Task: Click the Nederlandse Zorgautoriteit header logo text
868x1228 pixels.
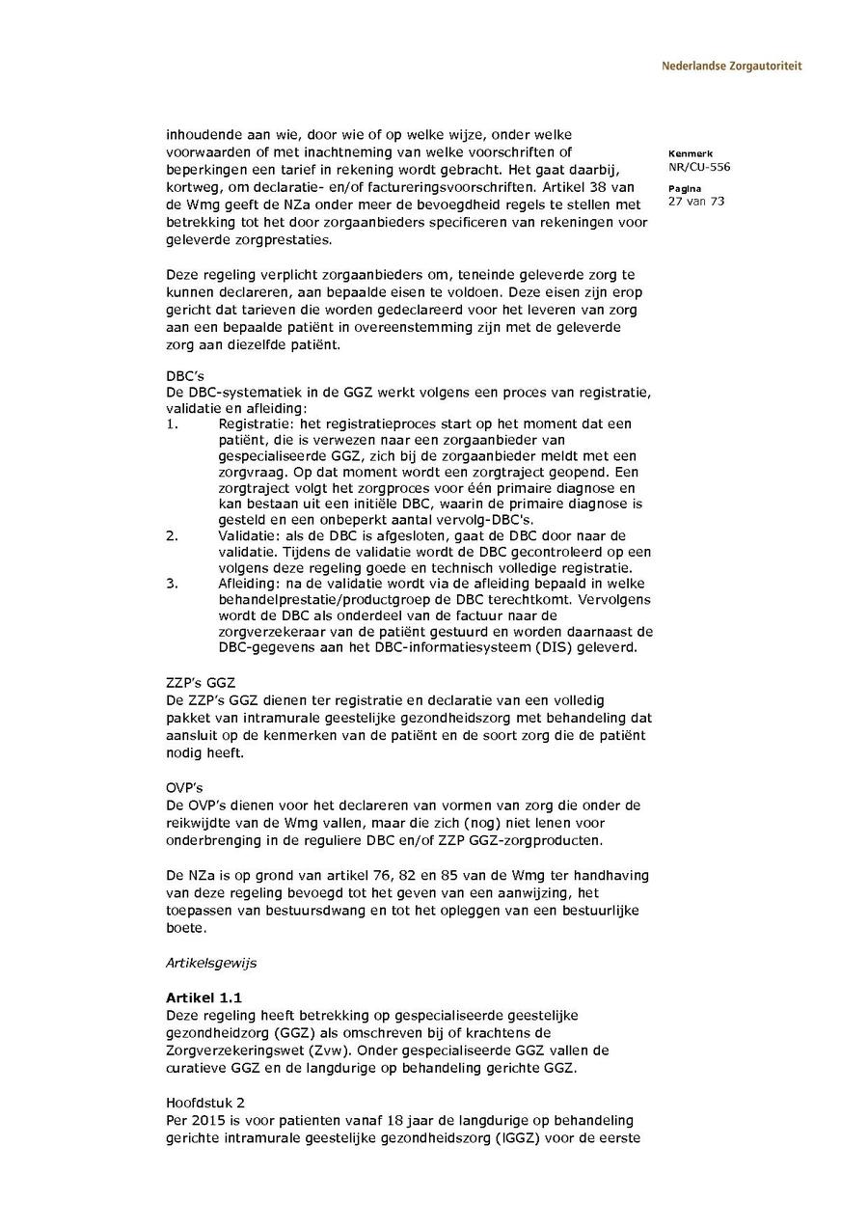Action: coord(731,67)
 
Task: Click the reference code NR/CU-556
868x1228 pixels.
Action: coord(698,167)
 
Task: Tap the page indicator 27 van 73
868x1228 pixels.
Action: coord(695,201)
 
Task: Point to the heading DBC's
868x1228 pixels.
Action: coord(184,374)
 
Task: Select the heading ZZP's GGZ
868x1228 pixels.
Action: coord(201,683)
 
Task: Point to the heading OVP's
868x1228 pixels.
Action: coord(184,787)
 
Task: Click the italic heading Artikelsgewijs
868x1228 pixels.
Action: coord(211,963)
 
